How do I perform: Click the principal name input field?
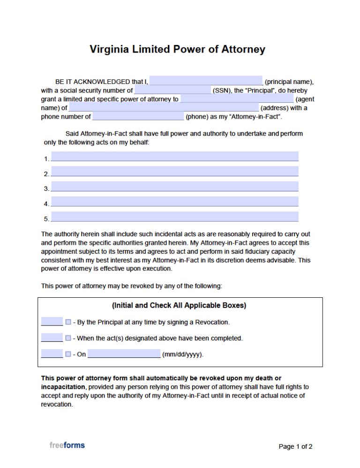click(206, 81)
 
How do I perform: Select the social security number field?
click(172, 90)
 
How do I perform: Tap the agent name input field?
click(237, 99)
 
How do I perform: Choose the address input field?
click(163, 108)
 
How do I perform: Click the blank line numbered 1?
click(174, 157)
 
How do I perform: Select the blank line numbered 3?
click(174, 187)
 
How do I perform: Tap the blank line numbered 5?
click(174, 217)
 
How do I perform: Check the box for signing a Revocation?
click(68, 322)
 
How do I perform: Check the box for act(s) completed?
click(68, 338)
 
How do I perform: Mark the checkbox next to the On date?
click(68, 354)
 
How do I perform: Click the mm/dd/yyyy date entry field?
click(124, 354)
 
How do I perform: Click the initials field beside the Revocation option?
click(52, 322)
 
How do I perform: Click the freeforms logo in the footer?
click(67, 445)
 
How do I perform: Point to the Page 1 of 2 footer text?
click(295, 446)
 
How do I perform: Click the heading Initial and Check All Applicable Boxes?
click(179, 306)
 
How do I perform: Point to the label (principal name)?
click(289, 82)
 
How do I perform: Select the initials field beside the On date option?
click(52, 354)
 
